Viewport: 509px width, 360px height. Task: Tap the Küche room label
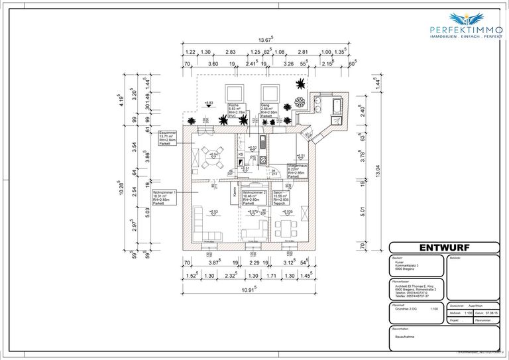(237, 111)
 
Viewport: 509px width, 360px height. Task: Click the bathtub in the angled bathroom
(335, 106)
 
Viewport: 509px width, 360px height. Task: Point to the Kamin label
(235, 194)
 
